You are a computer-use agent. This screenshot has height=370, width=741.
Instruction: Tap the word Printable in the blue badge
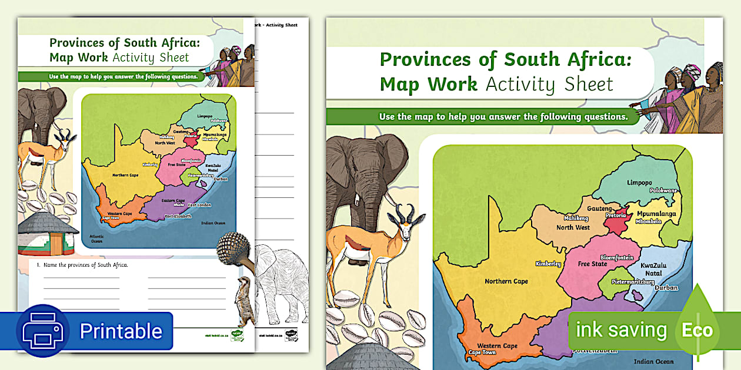pyautogui.click(x=121, y=331)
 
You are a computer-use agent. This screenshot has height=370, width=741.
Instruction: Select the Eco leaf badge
pyautogui.click(x=697, y=329)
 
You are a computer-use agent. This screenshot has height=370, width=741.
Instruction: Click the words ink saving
pyautogui.click(x=621, y=330)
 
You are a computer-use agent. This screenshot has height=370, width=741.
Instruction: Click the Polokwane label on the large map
pyautogui.click(x=663, y=191)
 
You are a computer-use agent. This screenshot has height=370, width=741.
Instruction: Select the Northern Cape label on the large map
pyautogui.click(x=506, y=281)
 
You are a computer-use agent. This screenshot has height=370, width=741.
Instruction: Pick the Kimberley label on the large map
pyautogui.click(x=548, y=264)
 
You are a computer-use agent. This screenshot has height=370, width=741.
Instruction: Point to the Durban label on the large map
pyautogui.click(x=666, y=288)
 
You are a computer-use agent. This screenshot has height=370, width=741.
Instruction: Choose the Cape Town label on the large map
pyautogui.click(x=482, y=352)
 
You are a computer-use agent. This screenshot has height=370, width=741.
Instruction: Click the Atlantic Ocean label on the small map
pyautogui.click(x=96, y=238)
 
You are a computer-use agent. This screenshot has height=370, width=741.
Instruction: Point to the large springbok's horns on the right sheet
pyautogui.click(x=405, y=213)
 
